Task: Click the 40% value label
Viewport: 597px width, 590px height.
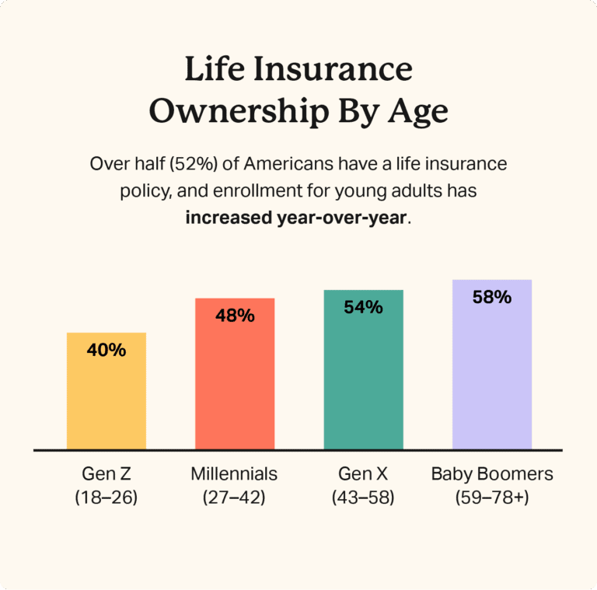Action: click(106, 351)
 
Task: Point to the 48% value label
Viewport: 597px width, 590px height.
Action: click(235, 316)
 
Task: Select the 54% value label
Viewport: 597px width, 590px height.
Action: click(363, 308)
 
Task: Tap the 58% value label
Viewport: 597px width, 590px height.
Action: click(492, 297)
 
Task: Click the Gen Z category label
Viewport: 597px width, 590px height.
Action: click(106, 473)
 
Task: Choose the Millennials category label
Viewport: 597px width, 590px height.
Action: click(234, 473)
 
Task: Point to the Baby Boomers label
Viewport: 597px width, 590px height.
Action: click(492, 473)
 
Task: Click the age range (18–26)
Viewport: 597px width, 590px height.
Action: click(106, 497)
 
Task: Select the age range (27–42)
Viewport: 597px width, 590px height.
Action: click(234, 497)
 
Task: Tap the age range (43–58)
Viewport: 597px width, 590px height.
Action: click(363, 497)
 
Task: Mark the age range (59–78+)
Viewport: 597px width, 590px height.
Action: click(492, 497)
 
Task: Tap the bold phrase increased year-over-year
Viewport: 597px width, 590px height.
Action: click(296, 217)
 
